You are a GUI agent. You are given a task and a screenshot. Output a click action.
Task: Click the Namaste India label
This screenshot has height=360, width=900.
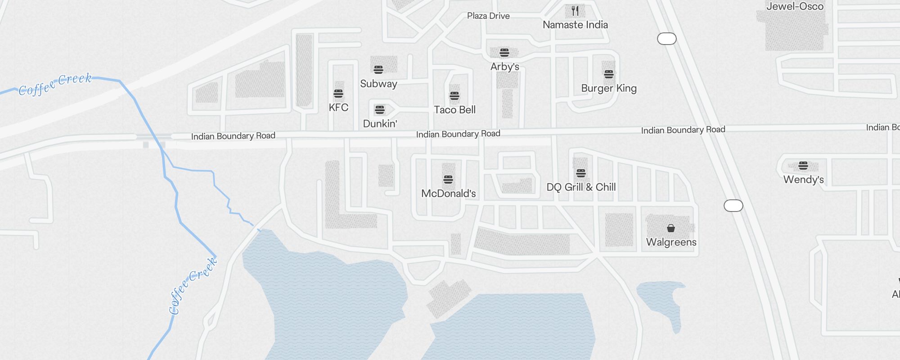[575, 25]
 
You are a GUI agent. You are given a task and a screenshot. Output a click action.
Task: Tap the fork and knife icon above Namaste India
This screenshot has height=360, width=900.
[575, 11]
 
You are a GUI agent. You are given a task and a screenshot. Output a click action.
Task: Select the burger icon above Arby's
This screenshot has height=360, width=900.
[504, 53]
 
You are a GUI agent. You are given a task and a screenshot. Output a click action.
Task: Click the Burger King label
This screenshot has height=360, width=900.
[608, 88]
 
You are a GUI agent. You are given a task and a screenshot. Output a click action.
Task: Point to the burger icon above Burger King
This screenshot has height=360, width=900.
[608, 74]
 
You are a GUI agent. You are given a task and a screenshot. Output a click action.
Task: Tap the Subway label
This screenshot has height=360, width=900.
[378, 84]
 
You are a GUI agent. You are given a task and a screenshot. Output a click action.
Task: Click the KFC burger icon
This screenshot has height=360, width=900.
[338, 94]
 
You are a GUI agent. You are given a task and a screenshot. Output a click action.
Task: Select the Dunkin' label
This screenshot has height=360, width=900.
[380, 124]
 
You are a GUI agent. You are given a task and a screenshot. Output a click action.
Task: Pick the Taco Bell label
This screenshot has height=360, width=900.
[454, 110]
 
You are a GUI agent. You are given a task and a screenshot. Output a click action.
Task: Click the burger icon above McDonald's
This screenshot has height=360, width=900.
[448, 180]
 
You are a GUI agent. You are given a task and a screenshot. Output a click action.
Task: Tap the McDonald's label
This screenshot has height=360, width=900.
[448, 193]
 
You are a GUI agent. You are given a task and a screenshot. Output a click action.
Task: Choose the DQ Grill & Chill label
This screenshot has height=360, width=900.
[581, 187]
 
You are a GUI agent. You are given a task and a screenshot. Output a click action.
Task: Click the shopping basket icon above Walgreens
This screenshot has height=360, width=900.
[671, 228]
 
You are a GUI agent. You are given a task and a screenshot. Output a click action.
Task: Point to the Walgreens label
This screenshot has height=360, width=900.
[671, 242]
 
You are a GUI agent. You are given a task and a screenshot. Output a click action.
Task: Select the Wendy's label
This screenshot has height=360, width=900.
[803, 180]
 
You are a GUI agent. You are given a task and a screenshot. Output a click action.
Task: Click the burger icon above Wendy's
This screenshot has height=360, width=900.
[803, 166]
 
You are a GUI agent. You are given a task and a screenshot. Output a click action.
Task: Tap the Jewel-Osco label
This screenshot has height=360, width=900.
[795, 6]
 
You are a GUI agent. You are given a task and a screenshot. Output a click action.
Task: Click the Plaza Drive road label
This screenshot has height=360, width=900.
[488, 16]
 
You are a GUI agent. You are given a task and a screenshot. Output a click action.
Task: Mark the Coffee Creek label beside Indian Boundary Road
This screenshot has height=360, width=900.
[55, 84]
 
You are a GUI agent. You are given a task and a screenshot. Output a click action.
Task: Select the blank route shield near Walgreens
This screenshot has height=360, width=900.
[733, 206]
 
